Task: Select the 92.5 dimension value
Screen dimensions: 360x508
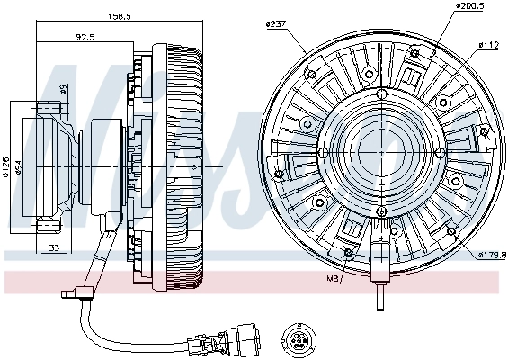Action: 85,36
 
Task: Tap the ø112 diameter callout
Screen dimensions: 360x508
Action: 488,43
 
